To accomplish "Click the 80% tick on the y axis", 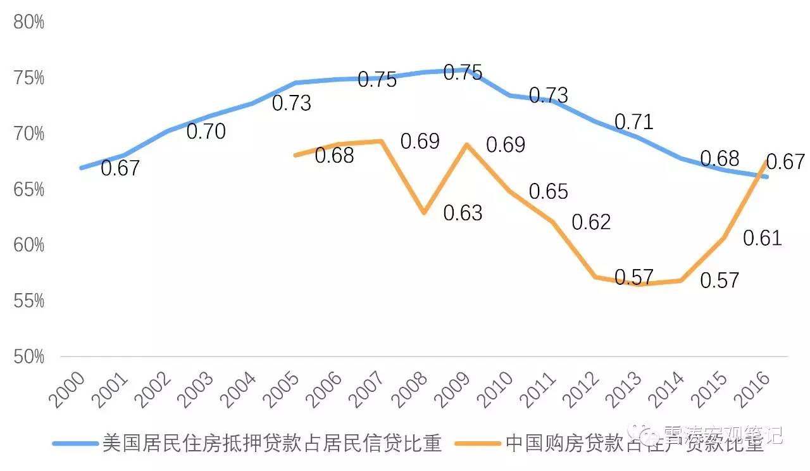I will tap(28, 22).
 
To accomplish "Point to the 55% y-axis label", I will tap(28, 301).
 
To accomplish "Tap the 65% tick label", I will tap(28, 189).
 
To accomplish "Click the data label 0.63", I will tap(463, 213).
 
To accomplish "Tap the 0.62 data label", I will tap(591, 222).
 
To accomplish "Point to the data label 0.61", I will tap(762, 239).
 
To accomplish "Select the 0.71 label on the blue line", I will tap(633, 122).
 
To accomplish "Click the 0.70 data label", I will tap(206, 132).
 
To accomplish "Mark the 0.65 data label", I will tap(548, 191).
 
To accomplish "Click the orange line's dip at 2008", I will tap(423, 213).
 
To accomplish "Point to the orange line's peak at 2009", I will tap(466, 144).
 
